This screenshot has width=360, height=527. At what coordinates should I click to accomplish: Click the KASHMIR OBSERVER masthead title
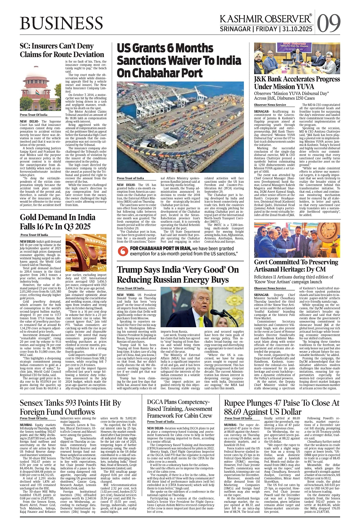266,19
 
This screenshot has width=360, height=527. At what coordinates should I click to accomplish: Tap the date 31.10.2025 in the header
297,29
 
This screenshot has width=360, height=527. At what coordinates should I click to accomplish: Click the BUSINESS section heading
61,23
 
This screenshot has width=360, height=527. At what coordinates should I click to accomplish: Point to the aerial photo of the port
180,127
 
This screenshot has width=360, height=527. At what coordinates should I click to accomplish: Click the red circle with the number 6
123,251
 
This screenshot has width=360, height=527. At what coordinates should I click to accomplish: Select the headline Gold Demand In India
57,217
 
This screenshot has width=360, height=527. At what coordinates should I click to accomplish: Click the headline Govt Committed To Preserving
296,262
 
